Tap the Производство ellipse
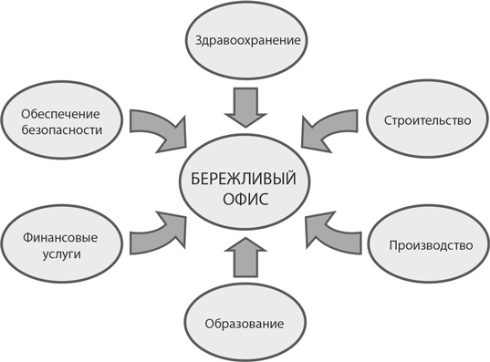(429, 246)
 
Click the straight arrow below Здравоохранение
(244, 106)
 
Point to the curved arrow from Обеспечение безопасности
(157, 130)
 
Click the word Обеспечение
(60, 112)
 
